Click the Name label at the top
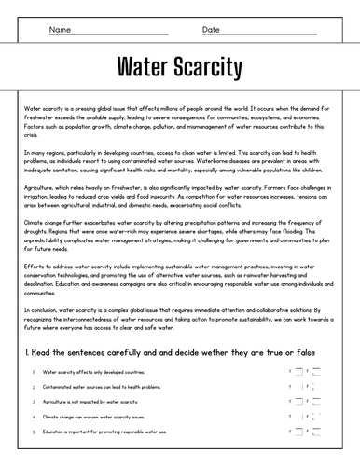tap(59, 30)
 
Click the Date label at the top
tap(212, 30)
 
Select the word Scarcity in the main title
tap(214, 68)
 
